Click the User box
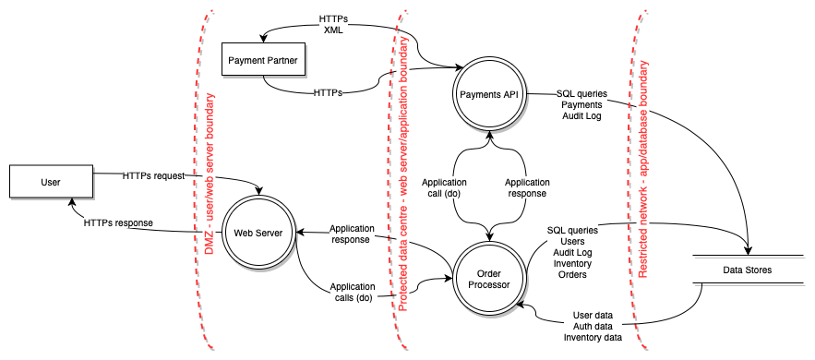point(51,182)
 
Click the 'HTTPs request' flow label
point(154,174)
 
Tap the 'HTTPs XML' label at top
point(333,24)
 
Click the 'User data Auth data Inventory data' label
point(592,326)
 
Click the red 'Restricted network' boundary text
point(643,157)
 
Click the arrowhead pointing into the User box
point(71,202)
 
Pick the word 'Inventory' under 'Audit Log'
point(572,262)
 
